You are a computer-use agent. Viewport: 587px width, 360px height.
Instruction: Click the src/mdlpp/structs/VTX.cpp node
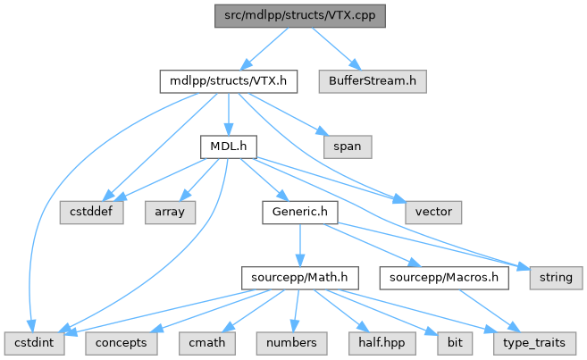(x=300, y=16)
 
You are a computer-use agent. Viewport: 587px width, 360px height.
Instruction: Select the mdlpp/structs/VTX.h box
(x=229, y=81)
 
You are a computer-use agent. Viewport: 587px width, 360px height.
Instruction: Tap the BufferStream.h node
(x=373, y=81)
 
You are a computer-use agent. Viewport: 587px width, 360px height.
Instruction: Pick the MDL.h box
(x=229, y=147)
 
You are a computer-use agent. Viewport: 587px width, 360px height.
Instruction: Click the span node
(x=348, y=147)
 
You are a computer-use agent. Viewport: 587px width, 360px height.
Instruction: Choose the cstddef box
(x=91, y=213)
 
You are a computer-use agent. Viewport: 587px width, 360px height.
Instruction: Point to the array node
(x=170, y=213)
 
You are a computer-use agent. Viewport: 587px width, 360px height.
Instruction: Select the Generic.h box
(x=300, y=213)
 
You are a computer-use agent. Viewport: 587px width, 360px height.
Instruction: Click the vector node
(x=433, y=213)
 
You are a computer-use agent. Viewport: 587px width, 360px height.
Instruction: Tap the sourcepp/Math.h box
(x=300, y=278)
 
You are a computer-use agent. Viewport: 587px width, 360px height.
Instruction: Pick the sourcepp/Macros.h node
(x=444, y=278)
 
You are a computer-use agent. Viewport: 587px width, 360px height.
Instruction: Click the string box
(x=556, y=278)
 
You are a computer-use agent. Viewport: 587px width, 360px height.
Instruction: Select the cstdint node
(x=35, y=343)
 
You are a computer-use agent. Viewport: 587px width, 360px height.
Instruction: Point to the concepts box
(x=122, y=343)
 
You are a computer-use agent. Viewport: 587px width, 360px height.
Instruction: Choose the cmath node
(x=207, y=343)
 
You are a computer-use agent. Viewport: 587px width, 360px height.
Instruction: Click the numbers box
(x=291, y=343)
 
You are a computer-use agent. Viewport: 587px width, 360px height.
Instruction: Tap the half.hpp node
(x=382, y=343)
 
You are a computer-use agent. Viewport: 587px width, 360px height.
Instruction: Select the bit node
(x=455, y=343)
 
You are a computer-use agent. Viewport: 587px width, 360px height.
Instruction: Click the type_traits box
(x=534, y=343)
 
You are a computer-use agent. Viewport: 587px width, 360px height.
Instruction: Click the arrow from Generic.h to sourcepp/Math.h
(x=300, y=245)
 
